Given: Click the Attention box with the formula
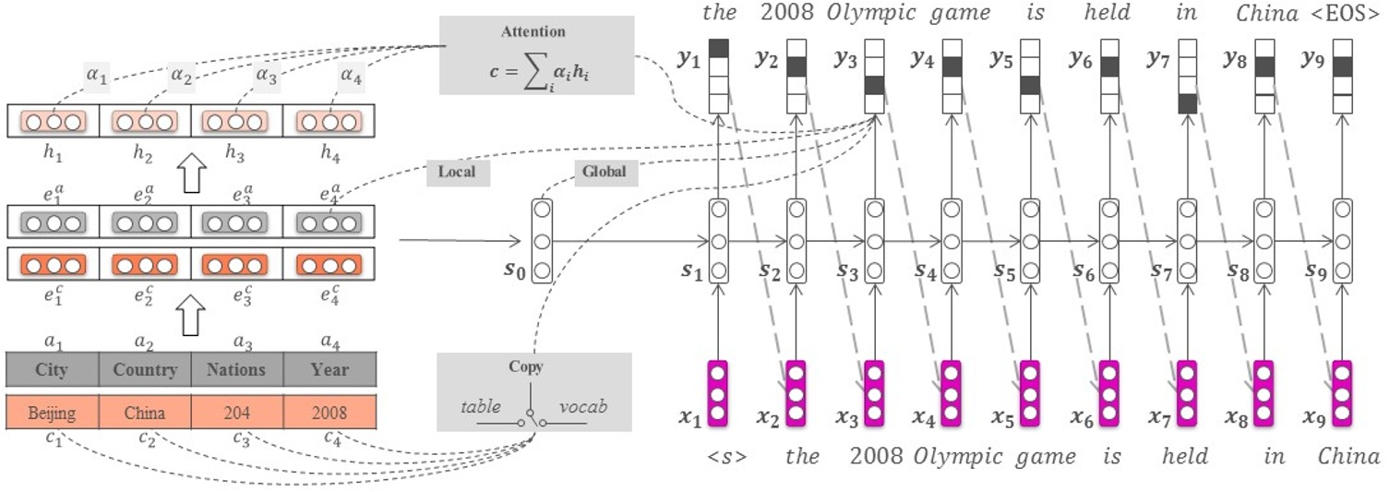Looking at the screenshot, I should pyautogui.click(x=536, y=55).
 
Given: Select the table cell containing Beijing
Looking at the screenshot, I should pyautogui.click(x=52, y=412).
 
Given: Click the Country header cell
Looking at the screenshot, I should pyautogui.click(x=145, y=370).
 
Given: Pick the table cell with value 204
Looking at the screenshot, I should pyautogui.click(x=237, y=412).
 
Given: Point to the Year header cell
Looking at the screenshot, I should pyautogui.click(x=329, y=370).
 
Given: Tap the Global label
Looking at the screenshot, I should pyautogui.click(x=603, y=172).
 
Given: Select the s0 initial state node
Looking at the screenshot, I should pyautogui.click(x=542, y=241).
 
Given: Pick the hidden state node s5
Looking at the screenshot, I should pyautogui.click(x=1031, y=241).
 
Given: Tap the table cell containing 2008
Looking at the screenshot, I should pyautogui.click(x=329, y=412).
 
